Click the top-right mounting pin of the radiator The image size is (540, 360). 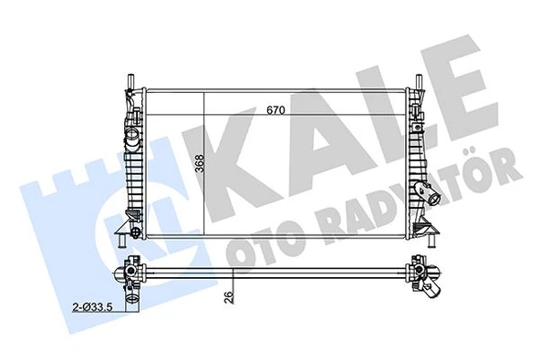(421, 83)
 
